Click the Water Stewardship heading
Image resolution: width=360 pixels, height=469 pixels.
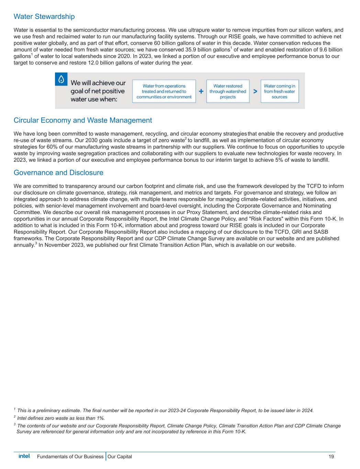(44, 16)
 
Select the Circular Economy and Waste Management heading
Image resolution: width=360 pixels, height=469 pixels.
(82, 120)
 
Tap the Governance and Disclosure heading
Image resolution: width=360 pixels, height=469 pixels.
(58, 172)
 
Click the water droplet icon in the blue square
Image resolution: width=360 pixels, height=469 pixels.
(61, 79)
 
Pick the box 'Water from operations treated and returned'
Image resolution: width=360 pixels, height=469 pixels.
(164, 91)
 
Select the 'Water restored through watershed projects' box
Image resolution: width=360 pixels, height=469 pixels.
(228, 91)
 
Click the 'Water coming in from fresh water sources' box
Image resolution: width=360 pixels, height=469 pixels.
(280, 91)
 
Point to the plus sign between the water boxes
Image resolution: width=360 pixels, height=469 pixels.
(201, 91)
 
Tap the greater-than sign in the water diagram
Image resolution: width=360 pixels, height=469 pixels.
(255, 91)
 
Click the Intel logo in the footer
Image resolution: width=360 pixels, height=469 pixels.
(24, 456)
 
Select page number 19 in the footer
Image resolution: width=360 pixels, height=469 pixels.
(331, 457)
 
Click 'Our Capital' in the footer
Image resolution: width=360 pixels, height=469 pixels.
(120, 457)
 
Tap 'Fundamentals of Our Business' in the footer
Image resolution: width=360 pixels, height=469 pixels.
(70, 457)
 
